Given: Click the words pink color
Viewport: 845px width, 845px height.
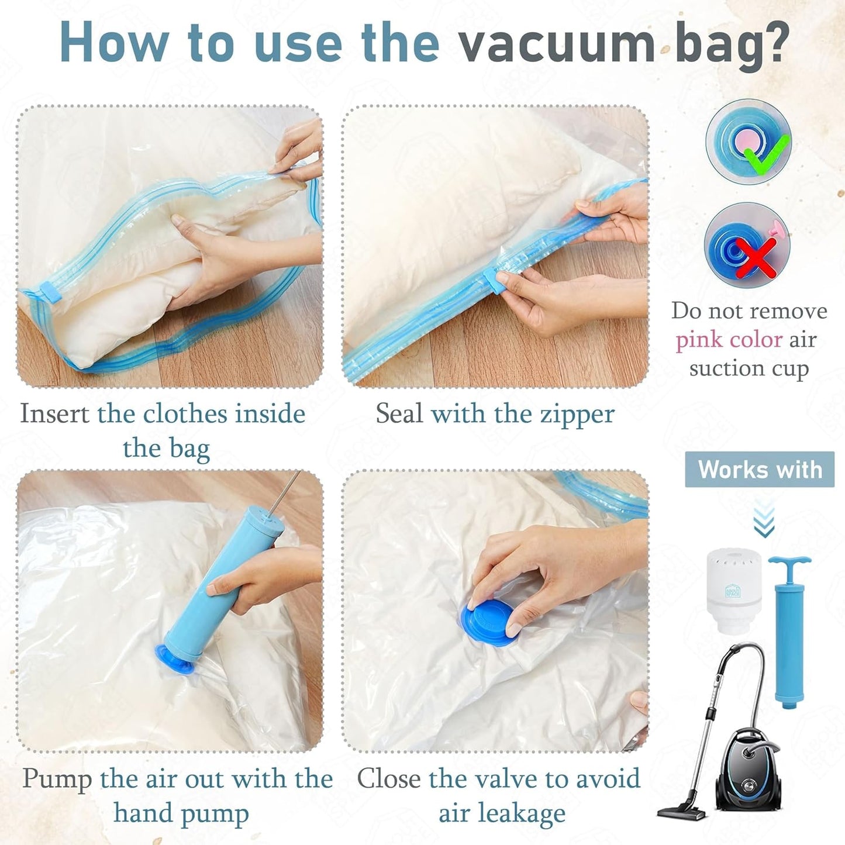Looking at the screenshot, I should click(x=729, y=340).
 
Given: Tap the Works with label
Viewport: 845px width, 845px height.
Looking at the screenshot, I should click(x=760, y=470).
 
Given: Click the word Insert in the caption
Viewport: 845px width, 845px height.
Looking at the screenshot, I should click(x=54, y=414).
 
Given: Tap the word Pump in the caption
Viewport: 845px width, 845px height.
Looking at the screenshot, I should click(x=57, y=779).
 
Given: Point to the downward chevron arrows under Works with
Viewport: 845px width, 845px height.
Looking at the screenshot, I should click(x=764, y=519).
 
